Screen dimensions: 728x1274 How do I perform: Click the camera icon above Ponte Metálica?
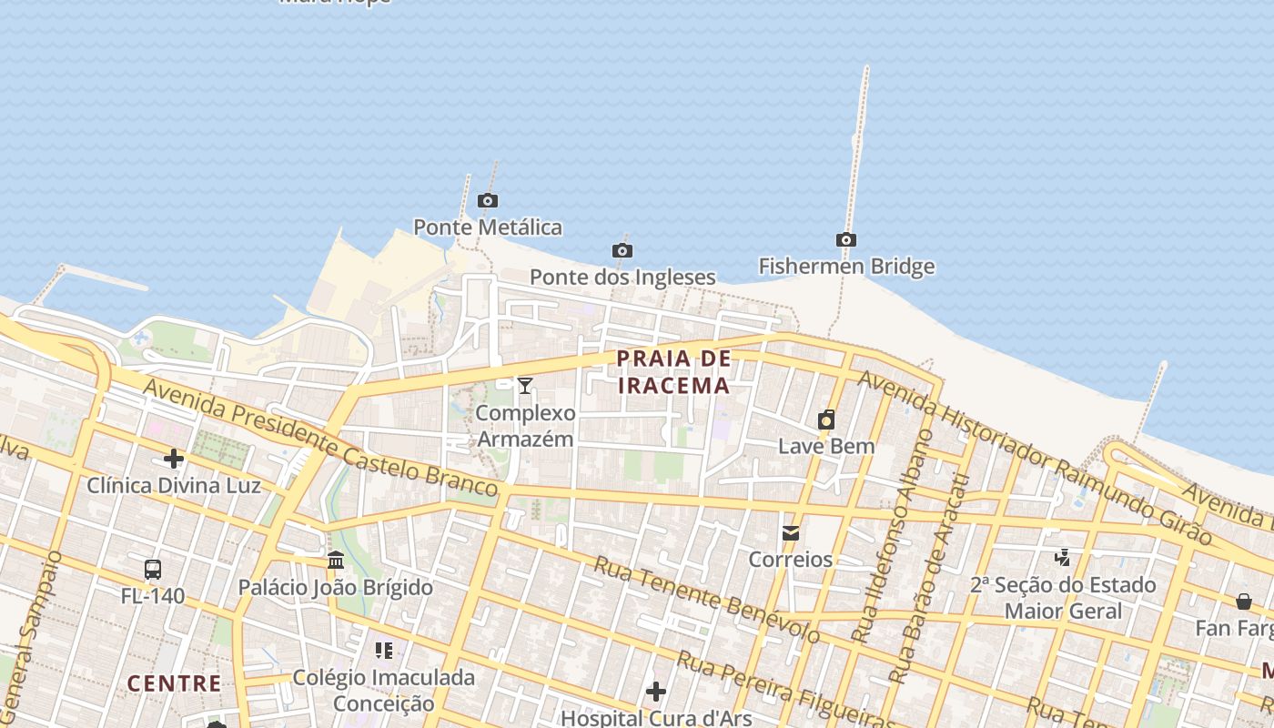[x=488, y=200]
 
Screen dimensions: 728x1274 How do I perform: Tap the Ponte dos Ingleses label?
[x=622, y=277]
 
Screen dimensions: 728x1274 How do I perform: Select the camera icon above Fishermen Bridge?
[x=846, y=240]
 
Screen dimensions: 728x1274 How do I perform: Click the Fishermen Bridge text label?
[x=846, y=267]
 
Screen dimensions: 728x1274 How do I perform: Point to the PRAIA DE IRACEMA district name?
[x=673, y=371]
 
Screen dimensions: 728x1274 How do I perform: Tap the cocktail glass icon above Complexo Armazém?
[x=525, y=386]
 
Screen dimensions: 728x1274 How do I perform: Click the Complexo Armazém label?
[x=526, y=426]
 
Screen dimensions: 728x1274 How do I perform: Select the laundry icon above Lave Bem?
[x=826, y=420]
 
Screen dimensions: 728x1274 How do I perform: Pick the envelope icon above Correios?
[x=791, y=532]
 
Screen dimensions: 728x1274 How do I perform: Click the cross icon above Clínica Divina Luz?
[x=174, y=459]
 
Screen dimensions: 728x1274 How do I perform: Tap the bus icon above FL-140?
[x=153, y=571]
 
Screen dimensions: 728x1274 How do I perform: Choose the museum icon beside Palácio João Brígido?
[x=336, y=560]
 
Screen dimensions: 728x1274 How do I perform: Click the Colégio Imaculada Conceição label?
[x=383, y=691]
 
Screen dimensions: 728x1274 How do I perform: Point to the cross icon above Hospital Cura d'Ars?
[x=656, y=693]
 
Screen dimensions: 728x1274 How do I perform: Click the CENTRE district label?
[x=174, y=683]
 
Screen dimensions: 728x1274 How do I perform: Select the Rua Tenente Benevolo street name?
[x=706, y=599]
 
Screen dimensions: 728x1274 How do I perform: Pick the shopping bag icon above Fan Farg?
[x=1243, y=602]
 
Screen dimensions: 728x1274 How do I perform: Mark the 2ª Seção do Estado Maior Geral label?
[x=1063, y=597]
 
